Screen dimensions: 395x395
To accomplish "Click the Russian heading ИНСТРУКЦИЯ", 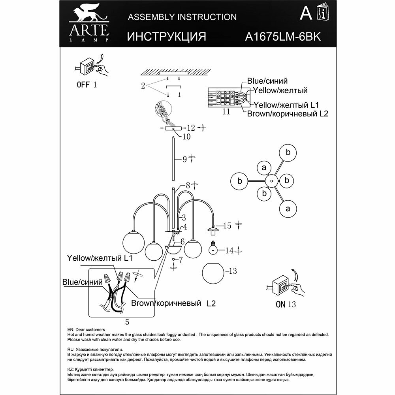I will tap(167, 36).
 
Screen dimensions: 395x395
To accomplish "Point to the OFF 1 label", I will tap(86, 85).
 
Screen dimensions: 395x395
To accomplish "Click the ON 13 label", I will tap(286, 305).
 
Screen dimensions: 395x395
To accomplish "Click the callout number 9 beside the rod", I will tap(184, 160).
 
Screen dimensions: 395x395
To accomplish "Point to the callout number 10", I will tap(186, 137).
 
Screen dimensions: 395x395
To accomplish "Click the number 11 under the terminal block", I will tap(226, 112).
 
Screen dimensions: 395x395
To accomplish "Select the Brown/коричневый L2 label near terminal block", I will tap(288, 114).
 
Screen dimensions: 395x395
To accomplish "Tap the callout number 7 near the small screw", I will tap(181, 260).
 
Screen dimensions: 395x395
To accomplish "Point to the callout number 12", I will tap(191, 128).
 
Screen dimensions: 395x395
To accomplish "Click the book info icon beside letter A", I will tap(321, 15).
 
